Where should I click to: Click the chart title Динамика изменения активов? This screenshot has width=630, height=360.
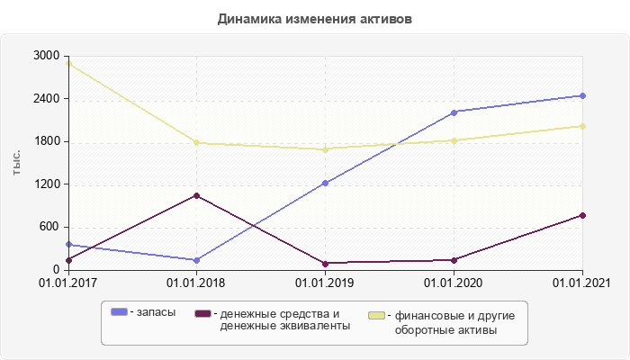pyautogui.click(x=315, y=19)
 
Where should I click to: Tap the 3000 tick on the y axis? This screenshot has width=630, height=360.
pyautogui.click(x=46, y=56)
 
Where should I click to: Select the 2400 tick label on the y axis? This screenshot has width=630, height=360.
pyautogui.click(x=46, y=99)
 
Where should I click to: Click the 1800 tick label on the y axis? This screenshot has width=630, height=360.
pyautogui.click(x=46, y=141)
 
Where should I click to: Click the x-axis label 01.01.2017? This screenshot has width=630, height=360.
pyautogui.click(x=68, y=283)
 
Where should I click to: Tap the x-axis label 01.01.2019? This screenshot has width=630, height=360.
pyautogui.click(x=325, y=283)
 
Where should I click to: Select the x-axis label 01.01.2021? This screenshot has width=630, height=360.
pyautogui.click(x=582, y=283)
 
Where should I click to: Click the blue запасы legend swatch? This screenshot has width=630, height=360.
pyautogui.click(x=119, y=312)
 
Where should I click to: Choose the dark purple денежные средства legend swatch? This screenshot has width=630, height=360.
pyautogui.click(x=202, y=313)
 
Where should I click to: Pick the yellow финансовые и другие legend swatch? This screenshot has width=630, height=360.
pyautogui.click(x=378, y=316)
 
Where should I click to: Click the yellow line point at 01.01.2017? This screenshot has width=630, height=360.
pyautogui.click(x=68, y=63)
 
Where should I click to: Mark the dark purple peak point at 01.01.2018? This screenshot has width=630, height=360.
pyautogui.click(x=197, y=195)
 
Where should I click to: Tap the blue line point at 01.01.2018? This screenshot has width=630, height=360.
pyautogui.click(x=197, y=260)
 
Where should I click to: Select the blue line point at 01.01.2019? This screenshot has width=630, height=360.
pyautogui.click(x=325, y=183)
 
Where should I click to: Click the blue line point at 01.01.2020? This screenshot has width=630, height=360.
pyautogui.click(x=454, y=112)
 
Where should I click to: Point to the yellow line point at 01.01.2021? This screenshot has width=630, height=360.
pyautogui.click(x=582, y=126)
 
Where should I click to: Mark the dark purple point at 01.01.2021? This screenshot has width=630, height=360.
pyautogui.click(x=582, y=215)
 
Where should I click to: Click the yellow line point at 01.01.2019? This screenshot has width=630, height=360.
pyautogui.click(x=325, y=149)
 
